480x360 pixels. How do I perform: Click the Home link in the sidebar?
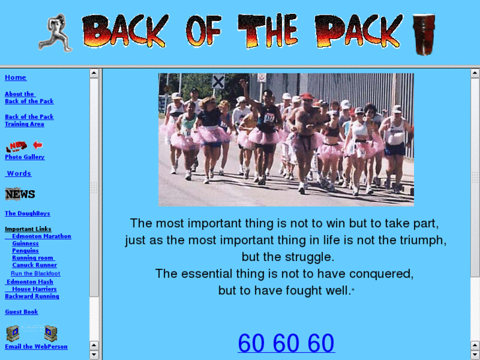(x=15, y=78)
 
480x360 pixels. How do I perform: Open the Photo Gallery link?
(x=24, y=157)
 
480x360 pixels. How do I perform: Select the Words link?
(x=19, y=174)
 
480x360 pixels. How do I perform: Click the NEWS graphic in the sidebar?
(x=20, y=194)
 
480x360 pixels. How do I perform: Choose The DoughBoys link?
(x=27, y=214)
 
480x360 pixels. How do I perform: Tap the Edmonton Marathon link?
(x=41, y=236)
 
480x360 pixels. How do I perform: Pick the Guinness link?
(x=25, y=244)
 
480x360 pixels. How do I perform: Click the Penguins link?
(x=25, y=251)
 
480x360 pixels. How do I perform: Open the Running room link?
(x=32, y=258)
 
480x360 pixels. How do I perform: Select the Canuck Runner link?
(x=34, y=266)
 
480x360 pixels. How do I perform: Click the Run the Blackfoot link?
(x=35, y=273)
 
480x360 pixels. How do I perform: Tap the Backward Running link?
(x=32, y=297)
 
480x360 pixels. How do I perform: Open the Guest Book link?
(x=21, y=312)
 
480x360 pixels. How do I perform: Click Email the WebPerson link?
(x=36, y=347)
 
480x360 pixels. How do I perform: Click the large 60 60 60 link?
(x=286, y=343)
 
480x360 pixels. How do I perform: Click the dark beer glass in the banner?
(x=423, y=34)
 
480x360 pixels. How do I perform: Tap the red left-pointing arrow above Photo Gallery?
(x=38, y=145)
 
